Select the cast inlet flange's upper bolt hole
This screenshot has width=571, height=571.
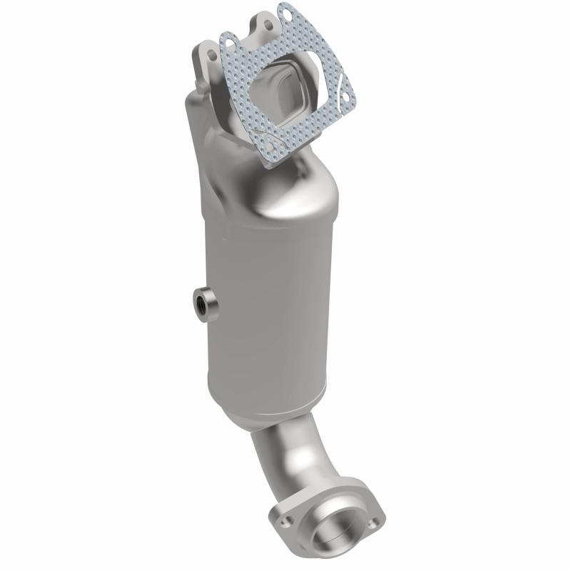pos(268,24)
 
